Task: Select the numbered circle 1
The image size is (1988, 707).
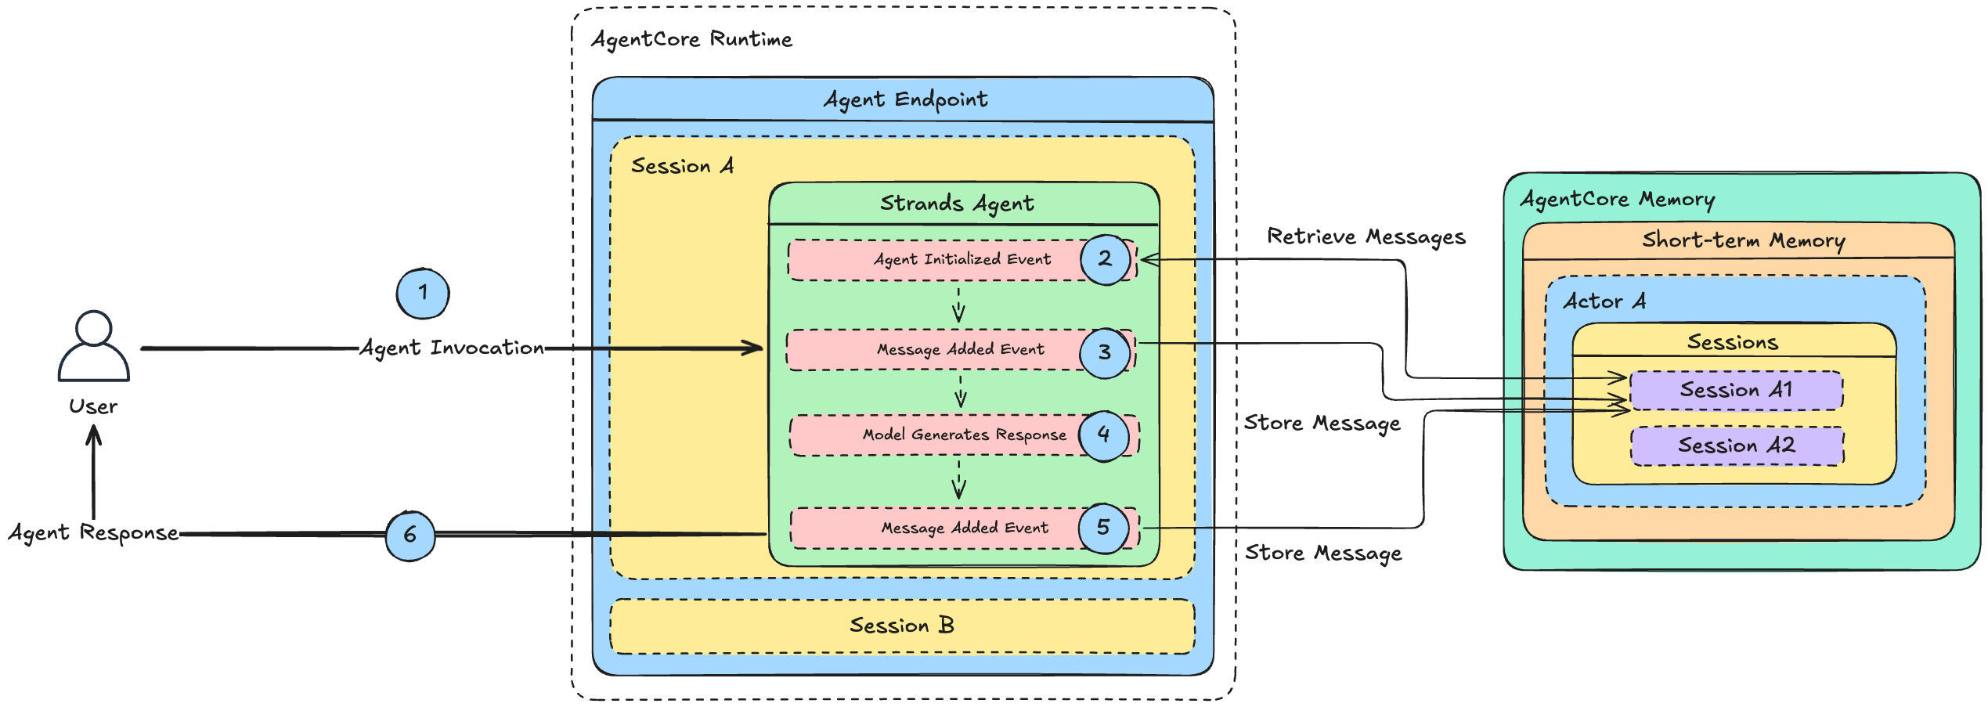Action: click(423, 294)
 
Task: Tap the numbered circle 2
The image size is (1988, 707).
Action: click(1106, 260)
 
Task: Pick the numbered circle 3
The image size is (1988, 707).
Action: click(1105, 353)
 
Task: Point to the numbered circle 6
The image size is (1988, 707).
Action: click(410, 536)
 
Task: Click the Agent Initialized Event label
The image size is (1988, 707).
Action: click(962, 259)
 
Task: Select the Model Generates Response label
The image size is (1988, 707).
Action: click(965, 435)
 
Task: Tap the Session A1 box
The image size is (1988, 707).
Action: click(1737, 390)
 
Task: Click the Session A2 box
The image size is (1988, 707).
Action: click(1737, 445)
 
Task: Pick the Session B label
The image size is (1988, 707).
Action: click(902, 625)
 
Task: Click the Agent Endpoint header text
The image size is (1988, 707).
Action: click(906, 99)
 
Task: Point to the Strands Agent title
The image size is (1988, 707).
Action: click(957, 204)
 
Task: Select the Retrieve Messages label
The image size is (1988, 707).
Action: click(1366, 236)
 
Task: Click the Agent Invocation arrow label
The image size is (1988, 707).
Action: click(452, 348)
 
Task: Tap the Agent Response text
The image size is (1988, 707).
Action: click(93, 532)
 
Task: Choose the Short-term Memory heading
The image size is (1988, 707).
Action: click(1744, 240)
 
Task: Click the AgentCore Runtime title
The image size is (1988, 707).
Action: click(691, 39)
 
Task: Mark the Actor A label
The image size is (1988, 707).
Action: click(1604, 301)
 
